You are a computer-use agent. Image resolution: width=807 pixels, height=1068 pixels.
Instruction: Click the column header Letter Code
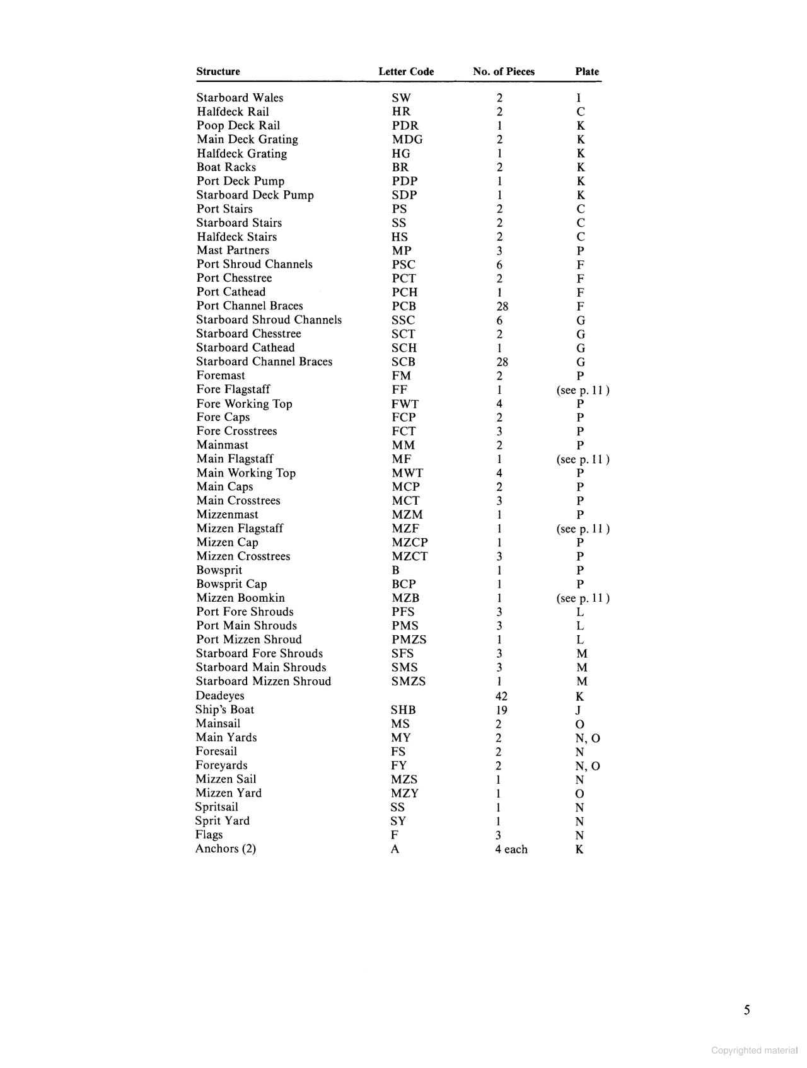pyautogui.click(x=406, y=72)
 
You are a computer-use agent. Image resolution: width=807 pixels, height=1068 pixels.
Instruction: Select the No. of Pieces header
pyautogui.click(x=503, y=72)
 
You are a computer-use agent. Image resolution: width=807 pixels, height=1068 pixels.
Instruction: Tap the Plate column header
pyautogui.click(x=586, y=72)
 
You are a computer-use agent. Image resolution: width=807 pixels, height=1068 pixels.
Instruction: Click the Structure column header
pyautogui.click(x=218, y=72)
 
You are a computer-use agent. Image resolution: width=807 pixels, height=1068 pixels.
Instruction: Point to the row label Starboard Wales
pyautogui.click(x=240, y=98)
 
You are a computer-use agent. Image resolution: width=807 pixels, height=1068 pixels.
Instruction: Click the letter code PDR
pyautogui.click(x=405, y=125)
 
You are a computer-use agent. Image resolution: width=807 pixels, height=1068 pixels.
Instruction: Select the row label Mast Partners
pyautogui.click(x=233, y=250)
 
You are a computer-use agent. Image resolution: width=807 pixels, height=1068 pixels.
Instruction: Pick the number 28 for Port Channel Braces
pyautogui.click(x=502, y=306)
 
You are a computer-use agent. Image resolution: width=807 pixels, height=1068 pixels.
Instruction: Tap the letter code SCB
pyautogui.click(x=403, y=362)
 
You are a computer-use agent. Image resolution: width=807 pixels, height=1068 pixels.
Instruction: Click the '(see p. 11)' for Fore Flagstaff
pyautogui.click(x=583, y=390)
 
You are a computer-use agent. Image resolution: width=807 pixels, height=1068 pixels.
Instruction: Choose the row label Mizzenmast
pyautogui.click(x=227, y=514)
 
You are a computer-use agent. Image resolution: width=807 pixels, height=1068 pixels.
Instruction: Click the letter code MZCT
pyautogui.click(x=409, y=556)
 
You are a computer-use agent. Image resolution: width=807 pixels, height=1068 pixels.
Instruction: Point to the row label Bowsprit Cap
pyautogui.click(x=231, y=584)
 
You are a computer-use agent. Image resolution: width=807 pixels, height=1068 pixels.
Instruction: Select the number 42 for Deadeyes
pyautogui.click(x=501, y=696)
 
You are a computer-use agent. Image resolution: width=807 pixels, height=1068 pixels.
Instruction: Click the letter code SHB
pyautogui.click(x=403, y=710)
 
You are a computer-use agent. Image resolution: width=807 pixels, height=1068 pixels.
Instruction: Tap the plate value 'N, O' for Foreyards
pyautogui.click(x=587, y=766)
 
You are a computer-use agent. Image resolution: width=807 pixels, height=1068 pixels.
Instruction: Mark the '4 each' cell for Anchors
pyautogui.click(x=511, y=849)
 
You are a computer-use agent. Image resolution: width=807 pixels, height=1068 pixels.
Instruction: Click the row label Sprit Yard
pyautogui.click(x=222, y=820)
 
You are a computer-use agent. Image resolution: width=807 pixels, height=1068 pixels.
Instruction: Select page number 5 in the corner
pyautogui.click(x=746, y=1011)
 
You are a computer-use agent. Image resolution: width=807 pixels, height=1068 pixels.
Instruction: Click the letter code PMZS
pyautogui.click(x=409, y=640)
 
